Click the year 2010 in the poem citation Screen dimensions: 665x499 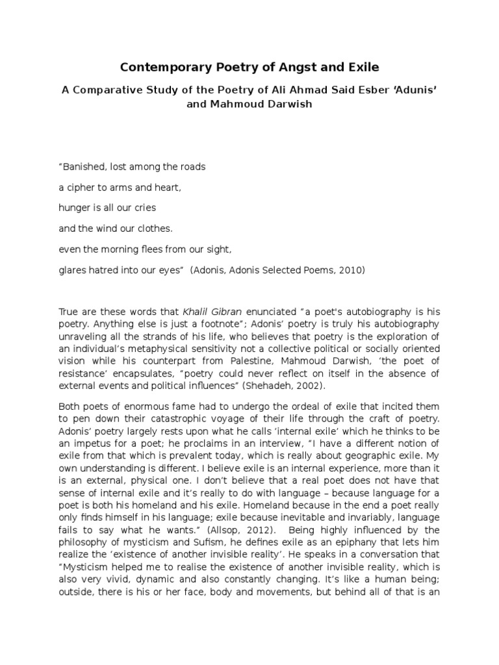coord(353,271)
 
